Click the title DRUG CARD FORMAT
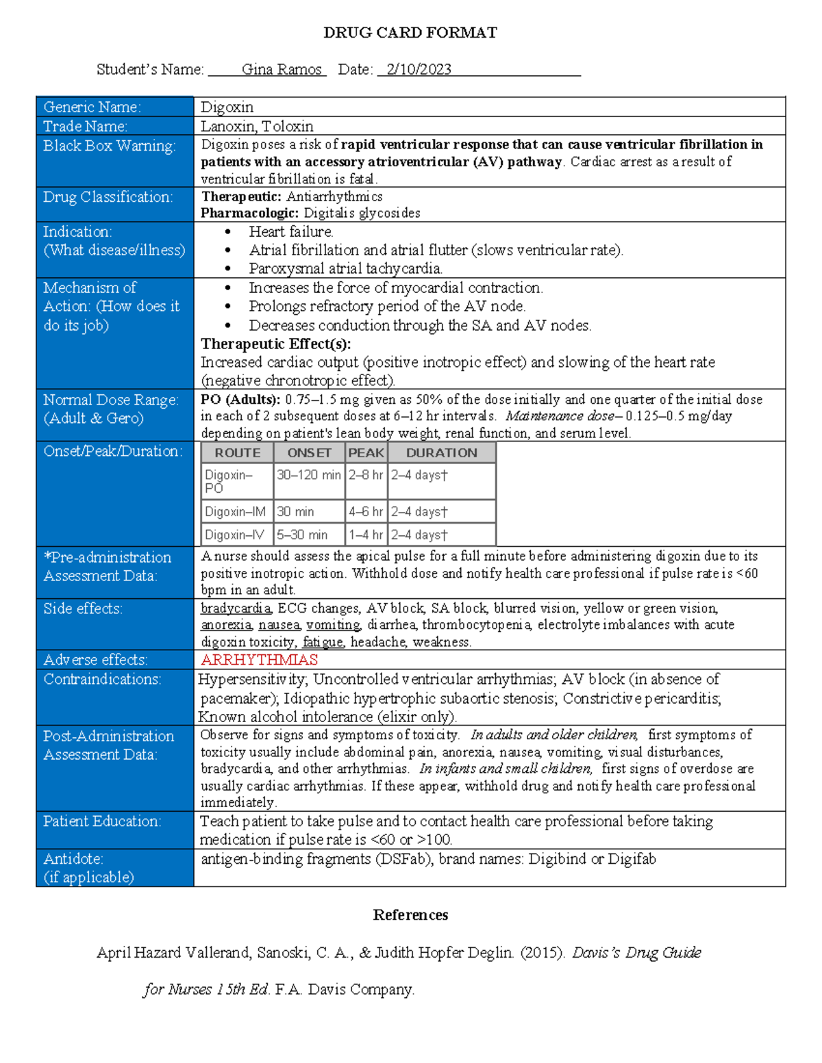click(410, 32)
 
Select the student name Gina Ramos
click(282, 69)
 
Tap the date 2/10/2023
click(419, 69)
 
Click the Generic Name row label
click(92, 107)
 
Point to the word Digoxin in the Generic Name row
click(227, 107)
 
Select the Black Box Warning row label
click(109, 146)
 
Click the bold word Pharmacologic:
click(250, 213)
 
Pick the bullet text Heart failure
click(291, 231)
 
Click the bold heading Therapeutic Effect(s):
click(275, 344)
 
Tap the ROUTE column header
click(237, 452)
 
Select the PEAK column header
click(366, 452)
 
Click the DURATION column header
click(441, 452)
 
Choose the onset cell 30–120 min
click(308, 475)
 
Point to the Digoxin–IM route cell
click(235, 511)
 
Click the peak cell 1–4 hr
click(365, 535)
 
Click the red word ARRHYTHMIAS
click(259, 660)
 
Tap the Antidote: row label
click(73, 858)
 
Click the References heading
click(410, 915)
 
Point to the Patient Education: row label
click(102, 821)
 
